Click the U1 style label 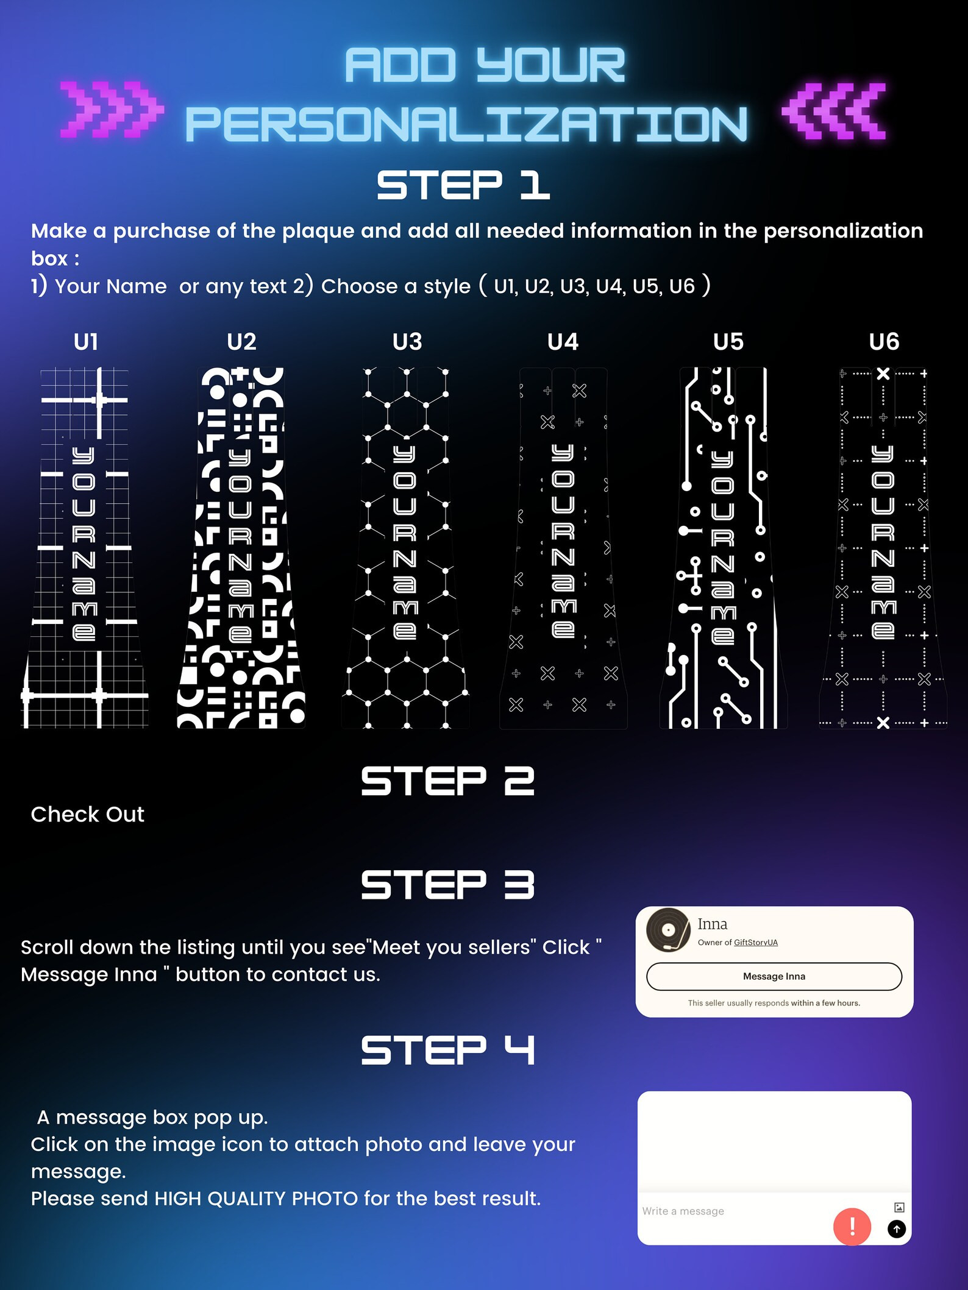click(86, 342)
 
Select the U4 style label click(563, 342)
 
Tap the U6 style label click(884, 342)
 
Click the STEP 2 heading click(448, 781)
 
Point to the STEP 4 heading click(448, 1050)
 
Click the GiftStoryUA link click(756, 943)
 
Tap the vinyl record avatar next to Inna click(669, 930)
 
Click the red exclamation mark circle click(852, 1226)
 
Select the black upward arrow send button click(897, 1229)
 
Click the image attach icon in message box click(899, 1207)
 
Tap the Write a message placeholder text click(683, 1211)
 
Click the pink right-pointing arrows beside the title click(112, 110)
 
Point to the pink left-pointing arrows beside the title click(835, 112)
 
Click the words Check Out click(88, 814)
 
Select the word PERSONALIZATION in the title click(466, 124)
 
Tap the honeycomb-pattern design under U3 click(405, 548)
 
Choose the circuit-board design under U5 click(724, 548)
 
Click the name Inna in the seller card click(713, 924)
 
